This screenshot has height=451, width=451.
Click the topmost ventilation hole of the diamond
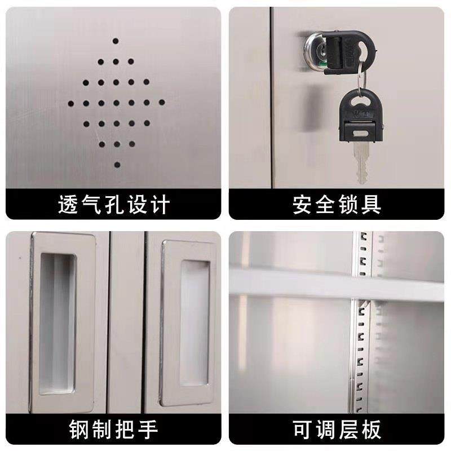click(116, 41)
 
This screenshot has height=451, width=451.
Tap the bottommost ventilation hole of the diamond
click(117, 165)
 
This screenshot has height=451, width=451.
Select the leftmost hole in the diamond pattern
click(72, 103)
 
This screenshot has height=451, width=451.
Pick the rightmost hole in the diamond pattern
click(162, 102)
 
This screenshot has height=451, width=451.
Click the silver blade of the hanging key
click(360, 161)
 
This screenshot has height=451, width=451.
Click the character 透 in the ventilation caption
click(68, 204)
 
